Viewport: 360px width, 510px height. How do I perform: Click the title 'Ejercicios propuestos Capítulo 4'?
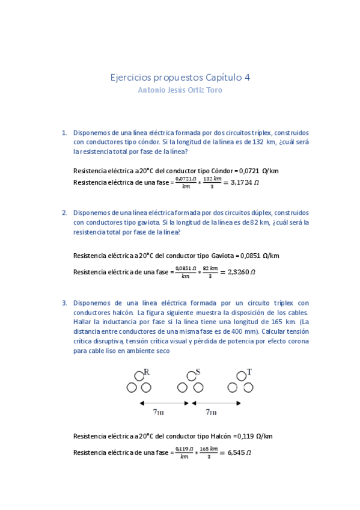pos(180,78)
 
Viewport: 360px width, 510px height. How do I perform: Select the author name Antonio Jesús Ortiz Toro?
pos(180,91)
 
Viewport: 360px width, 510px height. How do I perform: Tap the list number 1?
pos(64,132)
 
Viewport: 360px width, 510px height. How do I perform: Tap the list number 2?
pos(64,213)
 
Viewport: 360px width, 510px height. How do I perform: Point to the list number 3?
pos(64,303)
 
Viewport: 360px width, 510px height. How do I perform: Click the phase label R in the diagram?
pos(147,372)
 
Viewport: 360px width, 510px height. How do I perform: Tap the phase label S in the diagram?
pos(198,372)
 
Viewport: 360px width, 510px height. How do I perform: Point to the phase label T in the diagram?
pos(249,372)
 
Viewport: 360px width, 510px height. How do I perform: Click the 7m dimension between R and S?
pos(158,413)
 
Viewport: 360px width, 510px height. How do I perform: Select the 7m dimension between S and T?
pos(211,413)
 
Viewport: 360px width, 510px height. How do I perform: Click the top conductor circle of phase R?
pos(139,377)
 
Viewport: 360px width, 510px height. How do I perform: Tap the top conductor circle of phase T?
pos(241,377)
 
